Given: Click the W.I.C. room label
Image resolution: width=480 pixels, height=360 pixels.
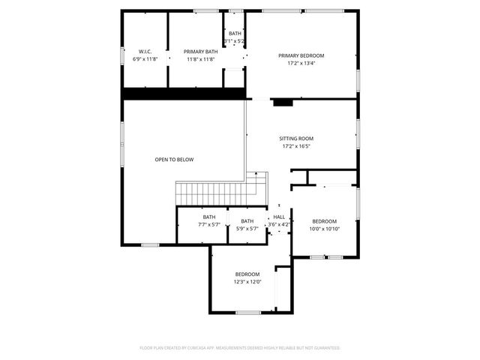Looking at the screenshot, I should (x=145, y=52).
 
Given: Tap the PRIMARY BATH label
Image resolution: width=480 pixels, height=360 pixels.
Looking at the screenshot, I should (x=200, y=52).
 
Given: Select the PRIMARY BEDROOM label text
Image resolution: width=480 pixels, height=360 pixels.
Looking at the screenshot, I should (x=301, y=55).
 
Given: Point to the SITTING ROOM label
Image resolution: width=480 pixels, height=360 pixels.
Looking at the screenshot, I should (x=296, y=139).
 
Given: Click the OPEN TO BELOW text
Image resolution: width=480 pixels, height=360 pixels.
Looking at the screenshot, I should (x=174, y=160).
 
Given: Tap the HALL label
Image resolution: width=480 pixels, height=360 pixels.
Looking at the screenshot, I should (x=279, y=216).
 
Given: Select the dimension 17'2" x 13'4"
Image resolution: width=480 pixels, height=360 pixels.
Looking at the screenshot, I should (x=301, y=63).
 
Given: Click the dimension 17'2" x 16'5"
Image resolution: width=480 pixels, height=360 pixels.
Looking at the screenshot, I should (x=296, y=146).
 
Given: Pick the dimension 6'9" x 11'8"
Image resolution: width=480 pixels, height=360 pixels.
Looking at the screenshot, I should (x=145, y=59).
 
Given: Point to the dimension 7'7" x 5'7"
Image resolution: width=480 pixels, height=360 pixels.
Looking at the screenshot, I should (x=208, y=224).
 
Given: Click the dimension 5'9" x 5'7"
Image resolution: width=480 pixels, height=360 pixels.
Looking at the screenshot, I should (x=247, y=229).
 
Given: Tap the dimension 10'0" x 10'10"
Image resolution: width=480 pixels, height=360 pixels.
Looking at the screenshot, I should (x=325, y=229).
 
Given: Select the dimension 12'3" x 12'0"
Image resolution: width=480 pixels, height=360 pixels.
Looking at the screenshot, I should (x=247, y=282).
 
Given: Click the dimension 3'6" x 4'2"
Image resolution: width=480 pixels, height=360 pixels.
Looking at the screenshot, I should (x=279, y=223).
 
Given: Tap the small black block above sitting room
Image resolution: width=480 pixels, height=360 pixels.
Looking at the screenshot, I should (x=282, y=103).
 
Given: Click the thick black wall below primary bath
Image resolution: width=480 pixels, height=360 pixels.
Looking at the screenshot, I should (x=184, y=93).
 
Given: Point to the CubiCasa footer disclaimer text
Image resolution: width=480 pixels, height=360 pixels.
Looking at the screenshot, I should (x=240, y=348).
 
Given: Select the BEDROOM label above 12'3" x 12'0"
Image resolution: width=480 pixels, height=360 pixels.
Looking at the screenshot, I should (x=247, y=274).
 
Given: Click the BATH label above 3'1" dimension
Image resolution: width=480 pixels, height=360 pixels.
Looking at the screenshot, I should (x=235, y=34).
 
